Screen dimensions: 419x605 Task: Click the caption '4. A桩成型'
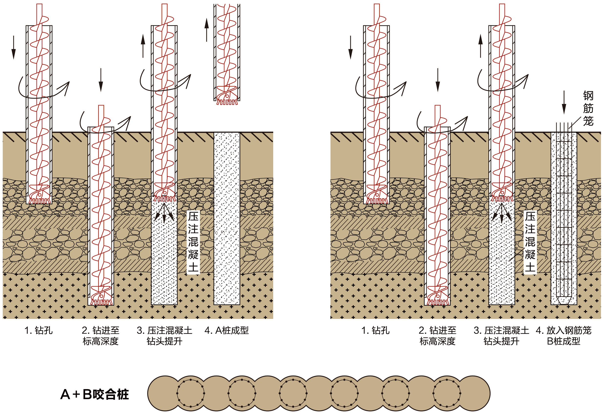click(x=226, y=330)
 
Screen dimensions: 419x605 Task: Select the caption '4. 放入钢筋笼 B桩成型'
click(x=564, y=335)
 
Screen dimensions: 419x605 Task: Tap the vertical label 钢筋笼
click(x=588, y=108)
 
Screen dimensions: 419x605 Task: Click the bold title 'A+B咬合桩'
click(x=95, y=394)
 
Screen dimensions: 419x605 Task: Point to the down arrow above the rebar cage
click(x=564, y=102)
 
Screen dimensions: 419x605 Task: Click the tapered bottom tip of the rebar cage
click(x=564, y=301)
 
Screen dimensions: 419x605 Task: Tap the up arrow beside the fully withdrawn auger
click(x=207, y=29)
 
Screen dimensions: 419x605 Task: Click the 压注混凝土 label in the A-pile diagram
click(x=193, y=242)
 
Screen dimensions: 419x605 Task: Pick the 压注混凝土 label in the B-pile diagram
click(x=530, y=242)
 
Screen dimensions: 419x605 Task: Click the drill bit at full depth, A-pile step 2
click(x=101, y=297)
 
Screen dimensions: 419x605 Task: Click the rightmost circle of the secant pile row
click(x=474, y=393)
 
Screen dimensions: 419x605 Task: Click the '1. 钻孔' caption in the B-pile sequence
click(x=375, y=330)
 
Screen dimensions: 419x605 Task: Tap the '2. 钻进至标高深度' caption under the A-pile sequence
click(x=101, y=335)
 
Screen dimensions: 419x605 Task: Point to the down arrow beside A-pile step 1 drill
click(x=14, y=48)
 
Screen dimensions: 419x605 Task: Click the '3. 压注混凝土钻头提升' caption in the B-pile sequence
click(x=501, y=335)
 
